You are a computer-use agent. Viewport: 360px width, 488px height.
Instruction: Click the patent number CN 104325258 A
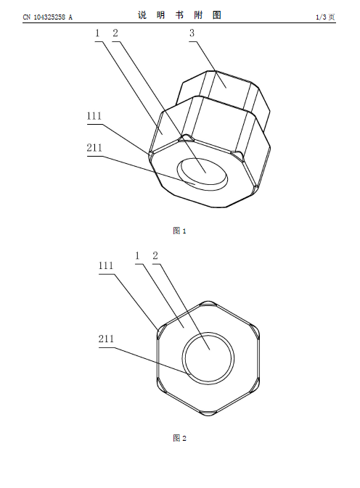point(48,17)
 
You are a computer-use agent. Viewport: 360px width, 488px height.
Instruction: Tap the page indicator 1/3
point(321,17)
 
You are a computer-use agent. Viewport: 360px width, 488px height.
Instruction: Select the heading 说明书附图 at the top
point(180,15)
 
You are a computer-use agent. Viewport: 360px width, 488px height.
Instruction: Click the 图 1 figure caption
point(179,231)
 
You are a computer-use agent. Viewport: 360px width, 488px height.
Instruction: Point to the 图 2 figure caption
point(179,438)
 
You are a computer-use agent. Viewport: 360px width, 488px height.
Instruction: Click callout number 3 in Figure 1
point(192,33)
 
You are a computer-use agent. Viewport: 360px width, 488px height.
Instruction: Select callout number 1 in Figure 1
point(97,33)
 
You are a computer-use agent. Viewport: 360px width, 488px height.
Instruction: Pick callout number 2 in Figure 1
point(115,33)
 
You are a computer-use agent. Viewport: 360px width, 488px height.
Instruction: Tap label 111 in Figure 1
point(94,116)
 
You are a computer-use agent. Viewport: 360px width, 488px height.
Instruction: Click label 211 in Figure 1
point(94,147)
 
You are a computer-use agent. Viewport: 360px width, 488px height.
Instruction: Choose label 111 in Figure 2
point(106,265)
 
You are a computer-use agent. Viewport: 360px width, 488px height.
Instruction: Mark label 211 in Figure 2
point(106,339)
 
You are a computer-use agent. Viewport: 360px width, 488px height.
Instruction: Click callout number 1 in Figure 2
point(138,256)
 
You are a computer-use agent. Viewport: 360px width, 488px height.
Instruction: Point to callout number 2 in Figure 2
point(155,256)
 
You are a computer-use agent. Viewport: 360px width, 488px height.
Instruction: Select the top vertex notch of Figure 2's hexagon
point(208,303)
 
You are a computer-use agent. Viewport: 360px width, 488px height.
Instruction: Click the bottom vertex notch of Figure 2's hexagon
point(208,413)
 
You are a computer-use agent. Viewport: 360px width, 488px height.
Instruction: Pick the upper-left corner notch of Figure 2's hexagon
point(161,331)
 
